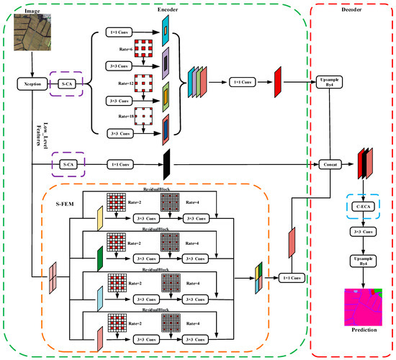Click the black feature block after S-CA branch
(166, 163)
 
